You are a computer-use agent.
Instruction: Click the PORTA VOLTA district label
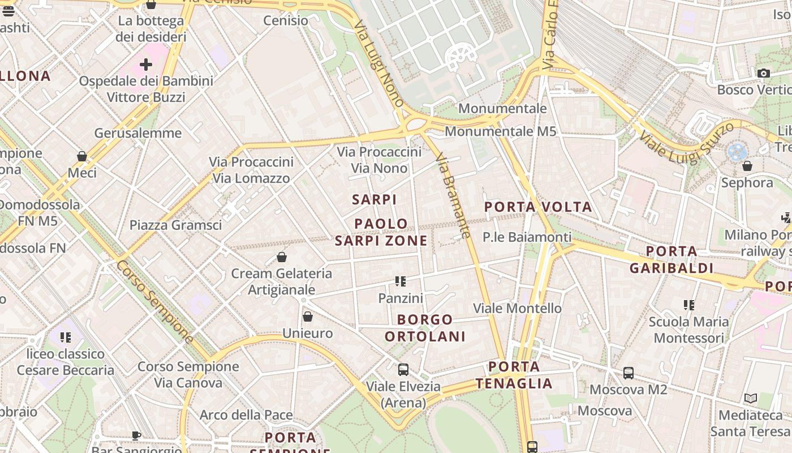pyautogui.click(x=538, y=207)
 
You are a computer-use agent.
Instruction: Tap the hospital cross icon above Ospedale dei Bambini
pyautogui.click(x=146, y=64)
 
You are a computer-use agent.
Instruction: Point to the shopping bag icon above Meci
pyautogui.click(x=82, y=156)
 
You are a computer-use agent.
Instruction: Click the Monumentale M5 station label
pyautogui.click(x=500, y=131)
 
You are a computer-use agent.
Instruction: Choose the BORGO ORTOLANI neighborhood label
pyautogui.click(x=425, y=328)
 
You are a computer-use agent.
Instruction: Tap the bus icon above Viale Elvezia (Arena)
pyautogui.click(x=403, y=370)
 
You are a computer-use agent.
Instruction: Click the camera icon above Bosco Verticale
pyautogui.click(x=763, y=73)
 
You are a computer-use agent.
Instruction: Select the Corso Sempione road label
pyautogui.click(x=154, y=301)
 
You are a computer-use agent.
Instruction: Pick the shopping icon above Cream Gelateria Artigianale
pyautogui.click(x=282, y=257)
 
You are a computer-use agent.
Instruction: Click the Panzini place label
pyautogui.click(x=401, y=298)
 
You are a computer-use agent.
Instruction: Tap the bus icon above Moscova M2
pyautogui.click(x=629, y=373)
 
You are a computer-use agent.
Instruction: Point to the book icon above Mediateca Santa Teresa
pyautogui.click(x=751, y=399)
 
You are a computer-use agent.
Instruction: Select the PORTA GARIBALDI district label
pyautogui.click(x=672, y=259)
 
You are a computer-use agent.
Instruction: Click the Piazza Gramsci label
pyautogui.click(x=175, y=225)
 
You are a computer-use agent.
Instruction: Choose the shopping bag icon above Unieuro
pyautogui.click(x=308, y=317)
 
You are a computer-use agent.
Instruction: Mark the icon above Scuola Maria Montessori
pyautogui.click(x=688, y=305)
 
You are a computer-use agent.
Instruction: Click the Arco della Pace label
pyautogui.click(x=246, y=415)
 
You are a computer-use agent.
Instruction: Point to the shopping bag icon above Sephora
pyautogui.click(x=747, y=166)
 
